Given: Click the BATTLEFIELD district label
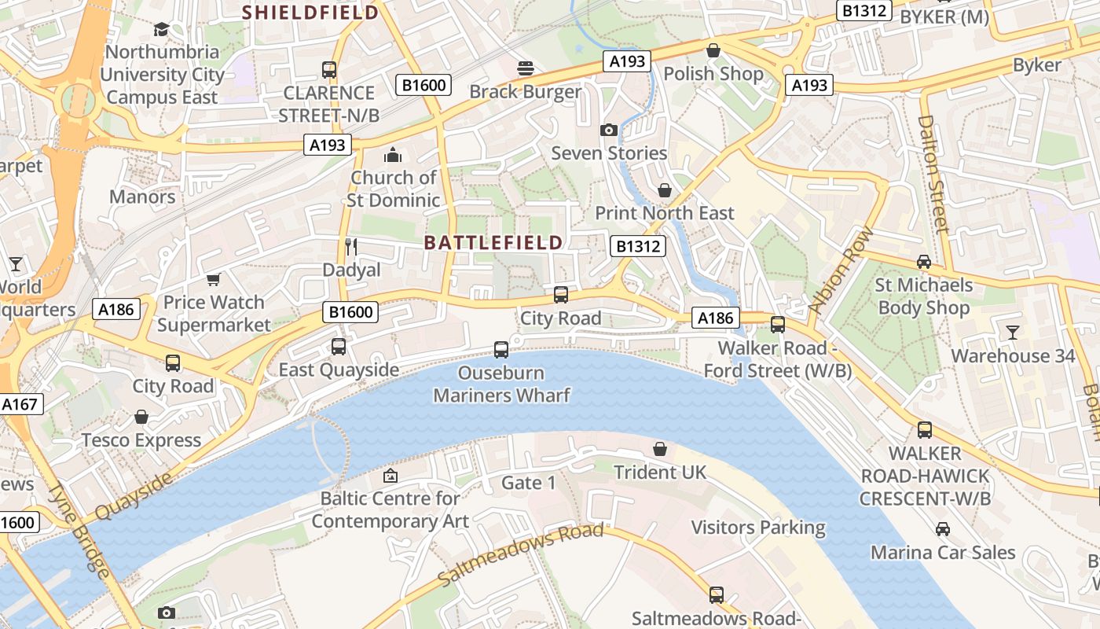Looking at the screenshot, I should [x=493, y=242].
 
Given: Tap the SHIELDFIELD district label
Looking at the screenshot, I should [x=310, y=13].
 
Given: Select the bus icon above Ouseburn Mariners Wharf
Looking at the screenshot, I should [x=501, y=350].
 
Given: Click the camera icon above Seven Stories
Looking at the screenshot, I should [x=608, y=130].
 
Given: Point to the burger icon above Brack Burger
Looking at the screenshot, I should [x=525, y=68].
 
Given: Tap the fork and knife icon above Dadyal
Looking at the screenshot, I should [x=351, y=247].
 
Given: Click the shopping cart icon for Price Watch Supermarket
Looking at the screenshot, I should [x=213, y=279].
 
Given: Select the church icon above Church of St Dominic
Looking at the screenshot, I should [x=392, y=155].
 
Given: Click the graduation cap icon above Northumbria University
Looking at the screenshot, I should [x=161, y=29].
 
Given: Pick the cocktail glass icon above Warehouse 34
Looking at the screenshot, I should [x=1012, y=333].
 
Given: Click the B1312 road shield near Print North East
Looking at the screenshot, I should [x=638, y=247].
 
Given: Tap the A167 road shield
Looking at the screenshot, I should [x=20, y=405].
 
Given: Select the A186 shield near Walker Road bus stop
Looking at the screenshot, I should [x=715, y=318].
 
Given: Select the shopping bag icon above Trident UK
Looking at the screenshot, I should [x=660, y=449].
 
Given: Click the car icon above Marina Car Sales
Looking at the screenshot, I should [x=942, y=529].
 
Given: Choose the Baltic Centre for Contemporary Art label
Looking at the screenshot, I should [x=390, y=509].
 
